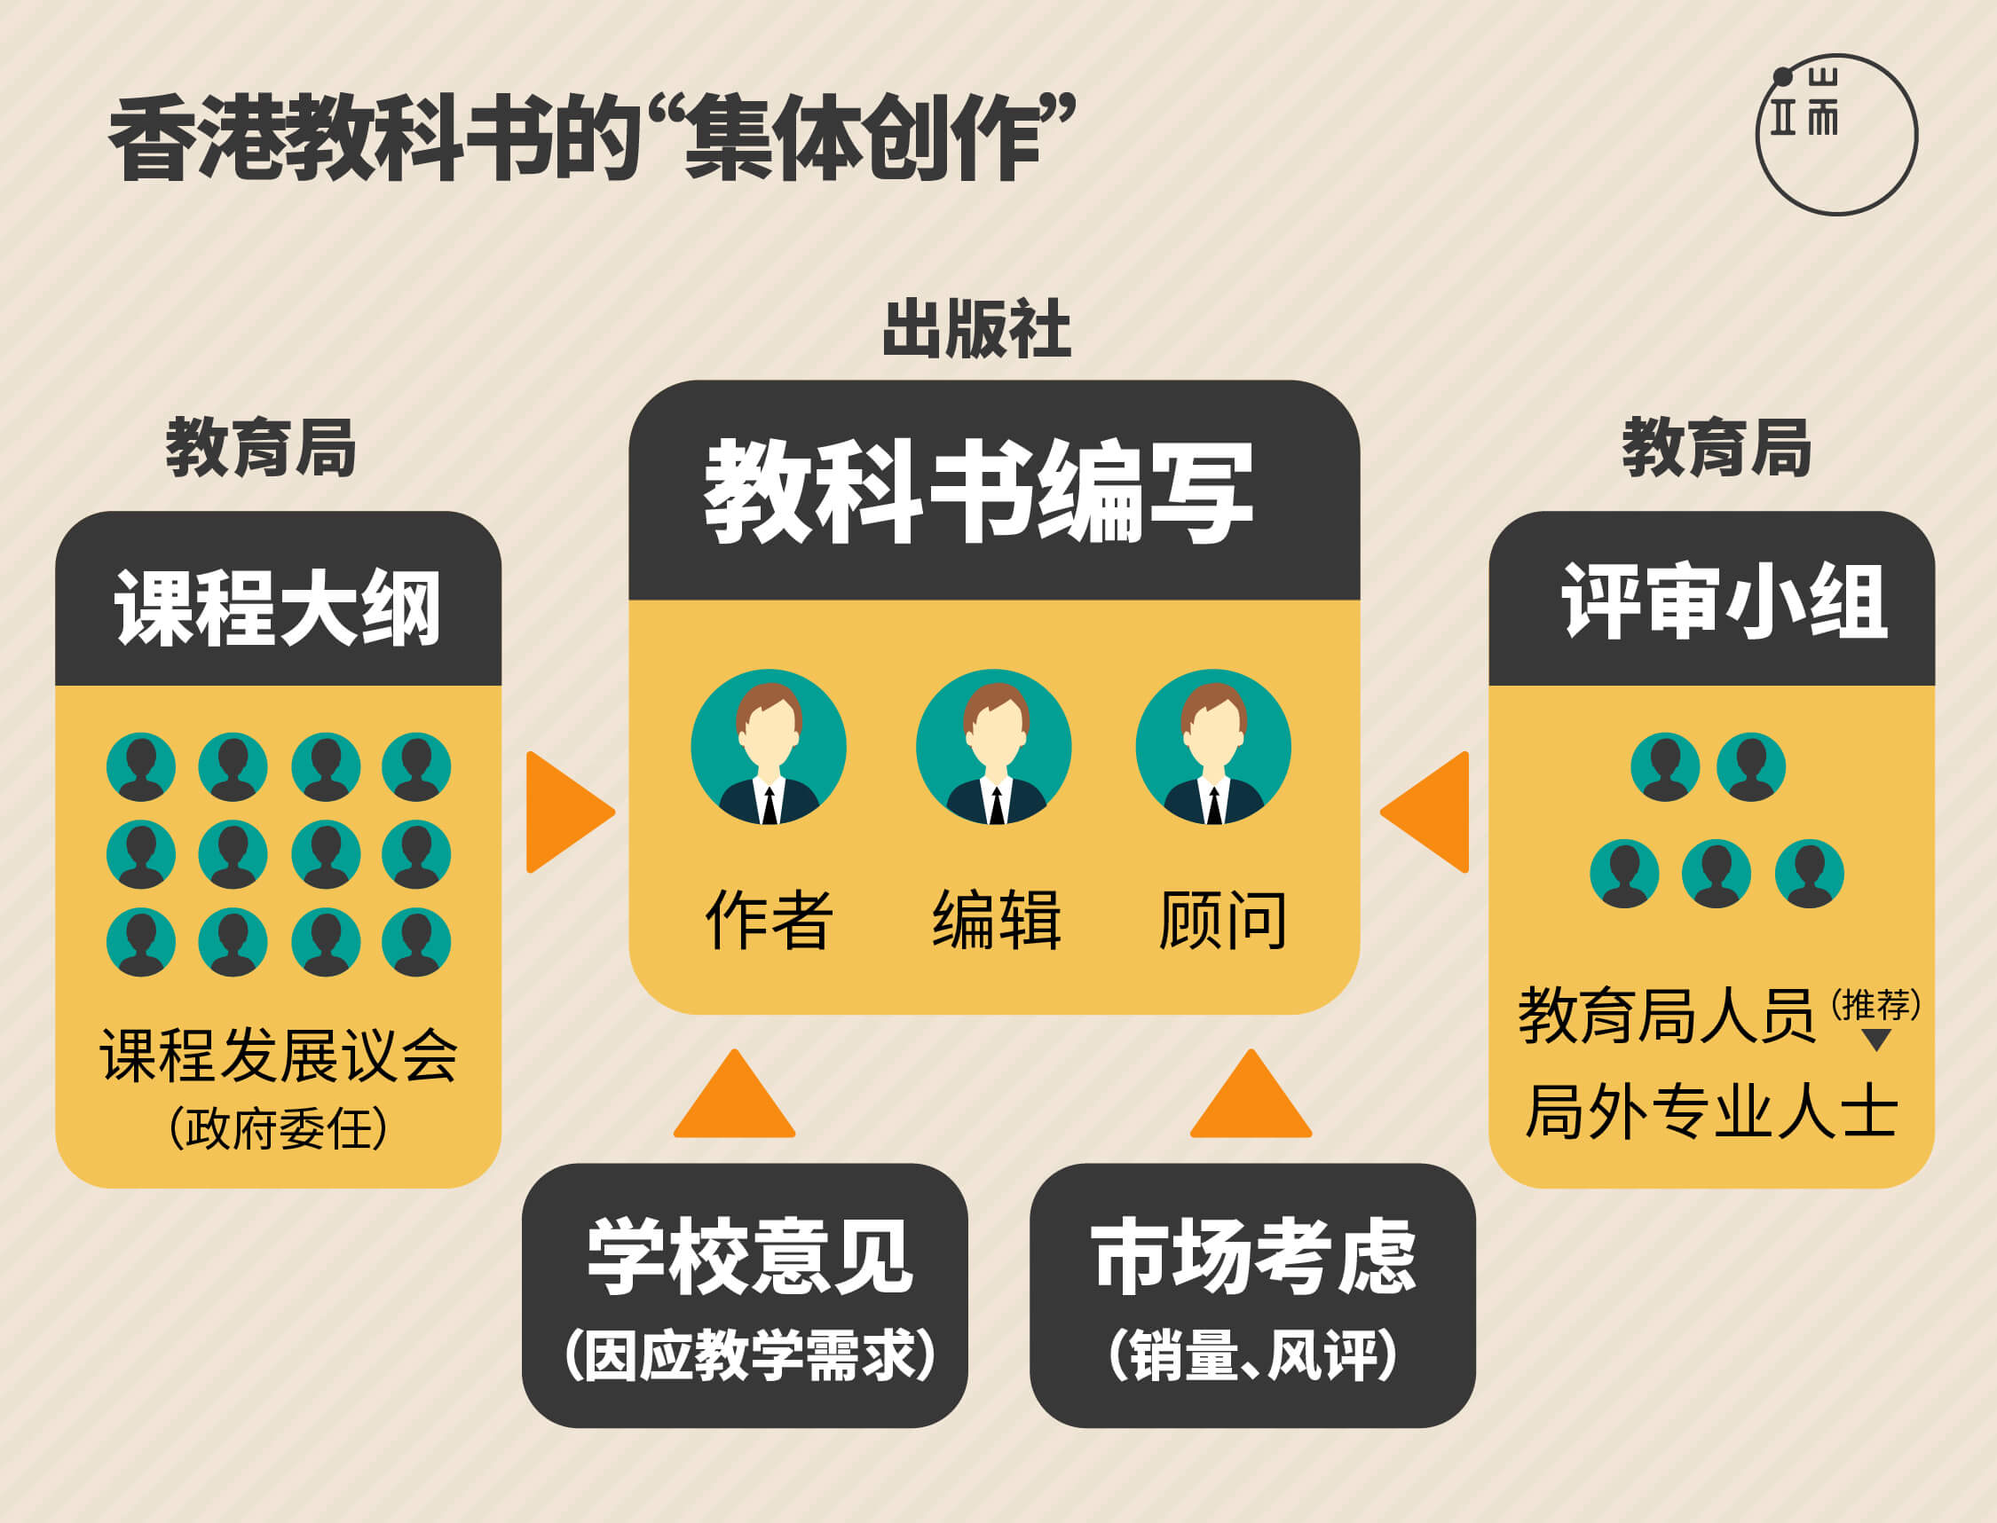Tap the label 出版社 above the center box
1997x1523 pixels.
click(976, 328)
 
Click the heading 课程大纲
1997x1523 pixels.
click(278, 608)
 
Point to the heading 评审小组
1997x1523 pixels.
click(1724, 601)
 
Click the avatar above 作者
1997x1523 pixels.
click(768, 746)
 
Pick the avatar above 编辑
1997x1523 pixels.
click(994, 746)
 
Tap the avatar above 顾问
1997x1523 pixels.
click(1213, 746)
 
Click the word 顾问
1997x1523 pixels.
click(1222, 920)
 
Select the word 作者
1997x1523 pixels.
click(769, 920)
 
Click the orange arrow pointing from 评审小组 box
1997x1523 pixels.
click(1424, 813)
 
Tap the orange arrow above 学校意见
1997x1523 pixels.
click(735, 1094)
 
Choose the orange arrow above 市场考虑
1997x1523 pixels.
click(1251, 1094)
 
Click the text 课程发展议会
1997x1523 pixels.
click(280, 1056)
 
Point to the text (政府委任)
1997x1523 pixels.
click(279, 1129)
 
